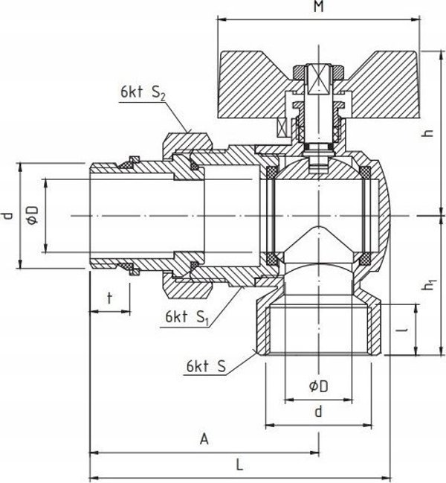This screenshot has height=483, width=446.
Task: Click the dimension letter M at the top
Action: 319,7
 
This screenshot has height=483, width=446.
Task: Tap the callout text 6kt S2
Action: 143,92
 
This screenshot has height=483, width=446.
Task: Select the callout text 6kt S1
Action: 187,317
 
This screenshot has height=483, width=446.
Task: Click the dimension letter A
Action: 204,439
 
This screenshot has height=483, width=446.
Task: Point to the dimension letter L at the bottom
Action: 239,464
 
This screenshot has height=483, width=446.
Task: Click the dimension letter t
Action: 109,298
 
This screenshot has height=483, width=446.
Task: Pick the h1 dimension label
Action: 429,285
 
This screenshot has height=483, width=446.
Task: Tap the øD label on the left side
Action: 32,214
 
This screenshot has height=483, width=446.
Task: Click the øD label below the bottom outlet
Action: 319,386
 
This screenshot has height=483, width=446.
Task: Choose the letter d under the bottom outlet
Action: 319,412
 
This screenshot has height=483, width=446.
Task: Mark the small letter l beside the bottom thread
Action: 406,330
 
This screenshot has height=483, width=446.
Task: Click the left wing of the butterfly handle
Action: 252,85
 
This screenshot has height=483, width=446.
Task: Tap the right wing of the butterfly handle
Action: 384,85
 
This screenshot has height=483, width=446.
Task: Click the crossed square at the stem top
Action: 319,79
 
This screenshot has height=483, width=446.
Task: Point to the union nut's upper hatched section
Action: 187,142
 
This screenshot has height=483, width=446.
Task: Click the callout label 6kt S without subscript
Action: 206,367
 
